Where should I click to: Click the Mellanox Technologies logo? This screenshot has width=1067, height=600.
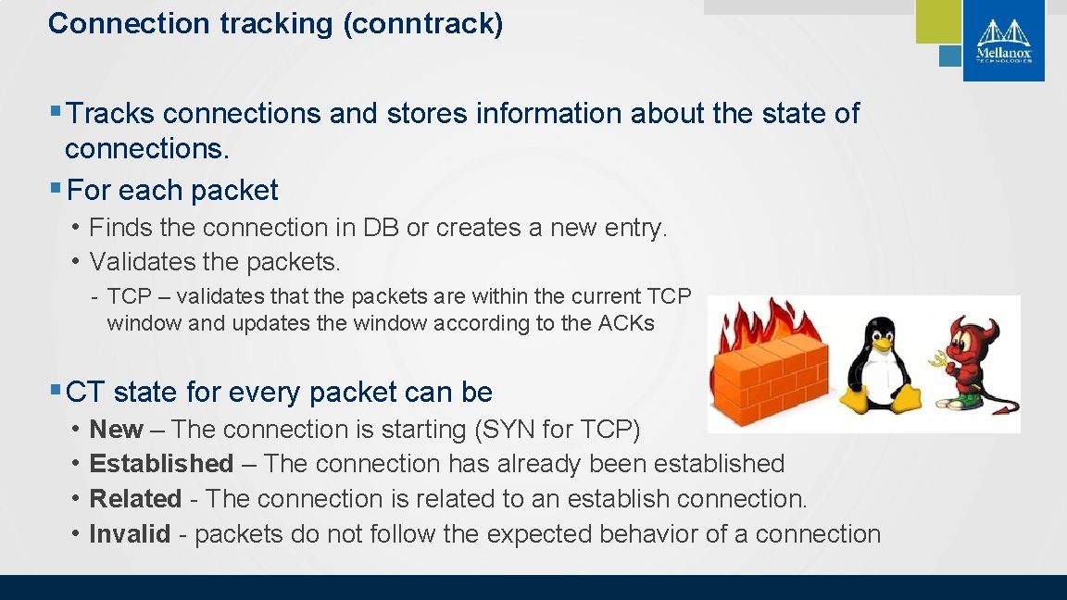pyautogui.click(x=1003, y=41)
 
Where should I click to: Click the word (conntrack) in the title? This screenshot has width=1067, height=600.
pyautogui.click(x=423, y=23)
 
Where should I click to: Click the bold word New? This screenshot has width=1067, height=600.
pyautogui.click(x=116, y=430)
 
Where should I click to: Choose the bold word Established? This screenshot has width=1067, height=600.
pyautogui.click(x=161, y=464)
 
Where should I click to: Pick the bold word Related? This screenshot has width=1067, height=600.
pyautogui.click(x=135, y=499)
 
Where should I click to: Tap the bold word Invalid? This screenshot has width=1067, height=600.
pyautogui.click(x=130, y=534)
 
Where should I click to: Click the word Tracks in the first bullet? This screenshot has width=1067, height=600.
pyautogui.click(x=111, y=114)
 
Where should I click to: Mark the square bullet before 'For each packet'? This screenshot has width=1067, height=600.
pyautogui.click(x=56, y=189)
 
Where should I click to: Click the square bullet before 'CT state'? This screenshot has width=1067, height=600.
pyautogui.click(x=56, y=391)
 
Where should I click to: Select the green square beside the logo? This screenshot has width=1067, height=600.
pyautogui.click(x=938, y=20)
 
